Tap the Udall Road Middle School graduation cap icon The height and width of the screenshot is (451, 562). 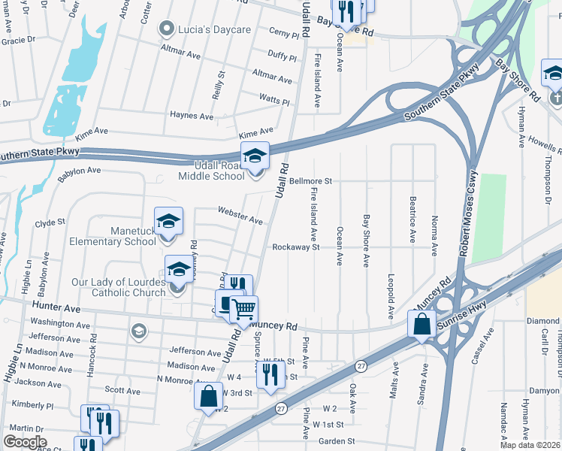pos(255,156)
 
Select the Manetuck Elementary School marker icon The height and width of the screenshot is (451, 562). pos(169,221)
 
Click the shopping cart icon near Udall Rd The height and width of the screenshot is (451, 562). pos(243,308)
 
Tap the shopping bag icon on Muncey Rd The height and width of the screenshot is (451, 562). pos(422,324)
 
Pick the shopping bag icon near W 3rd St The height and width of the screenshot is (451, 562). pos(208,395)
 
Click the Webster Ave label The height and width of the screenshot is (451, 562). pos(240,215)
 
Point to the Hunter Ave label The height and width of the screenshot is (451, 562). pos(56,307)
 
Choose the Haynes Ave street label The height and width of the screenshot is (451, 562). pos(192,115)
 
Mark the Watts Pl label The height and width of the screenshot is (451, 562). pos(274,99)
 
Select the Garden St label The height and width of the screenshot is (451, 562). pos(336,441)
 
